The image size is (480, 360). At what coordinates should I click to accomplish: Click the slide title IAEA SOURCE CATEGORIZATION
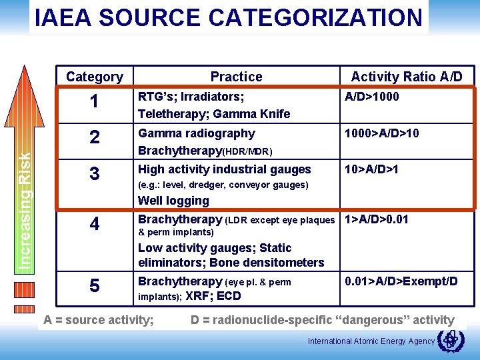229,17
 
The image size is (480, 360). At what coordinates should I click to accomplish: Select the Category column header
94,77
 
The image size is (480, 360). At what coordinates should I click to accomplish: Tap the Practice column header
236,77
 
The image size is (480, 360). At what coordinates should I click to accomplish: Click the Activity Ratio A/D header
406,77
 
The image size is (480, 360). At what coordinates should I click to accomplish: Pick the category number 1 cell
95,102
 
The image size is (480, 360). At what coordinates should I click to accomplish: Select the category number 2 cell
95,138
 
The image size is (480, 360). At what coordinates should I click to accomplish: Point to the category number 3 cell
95,175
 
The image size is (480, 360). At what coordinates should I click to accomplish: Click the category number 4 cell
95,224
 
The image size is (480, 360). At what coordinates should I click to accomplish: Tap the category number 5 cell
95,286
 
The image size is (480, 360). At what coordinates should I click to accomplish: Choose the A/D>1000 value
371,97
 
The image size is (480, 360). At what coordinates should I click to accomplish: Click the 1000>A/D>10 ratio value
381,133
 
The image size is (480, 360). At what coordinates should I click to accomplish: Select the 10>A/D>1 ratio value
371,169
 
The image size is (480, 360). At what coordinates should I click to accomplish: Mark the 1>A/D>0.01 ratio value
376,219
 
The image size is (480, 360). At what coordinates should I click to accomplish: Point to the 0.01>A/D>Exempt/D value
401,281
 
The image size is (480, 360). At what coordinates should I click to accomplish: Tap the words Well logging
173,201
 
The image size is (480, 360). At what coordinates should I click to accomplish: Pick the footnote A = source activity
98,320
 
